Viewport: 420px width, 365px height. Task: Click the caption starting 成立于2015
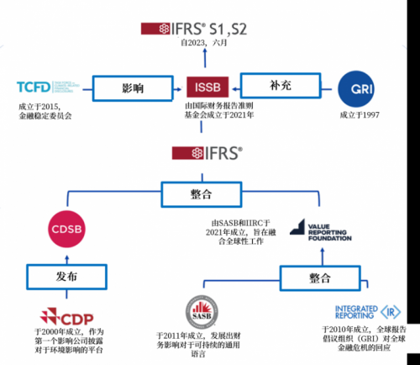pos(45,111)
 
